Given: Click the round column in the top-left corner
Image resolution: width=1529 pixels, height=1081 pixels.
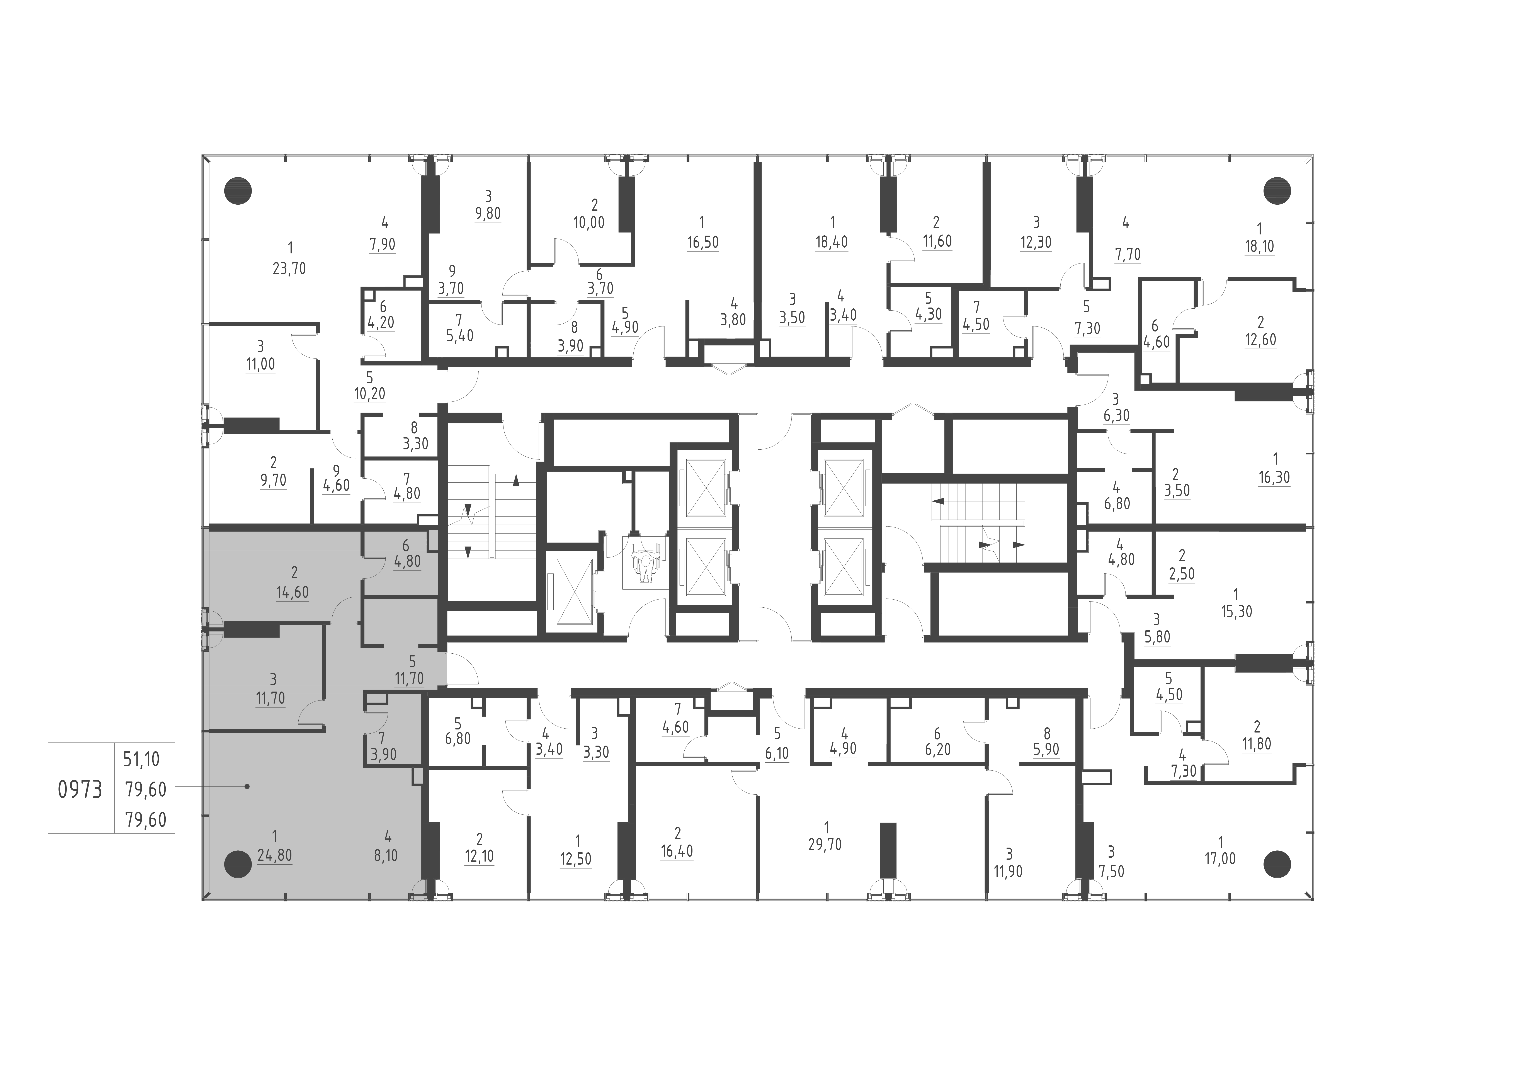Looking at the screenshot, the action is [x=238, y=191].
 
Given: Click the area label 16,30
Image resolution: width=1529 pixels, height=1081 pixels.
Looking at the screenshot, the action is [x=1274, y=478].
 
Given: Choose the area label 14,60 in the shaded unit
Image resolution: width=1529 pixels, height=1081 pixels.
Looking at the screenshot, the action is [x=293, y=592].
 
